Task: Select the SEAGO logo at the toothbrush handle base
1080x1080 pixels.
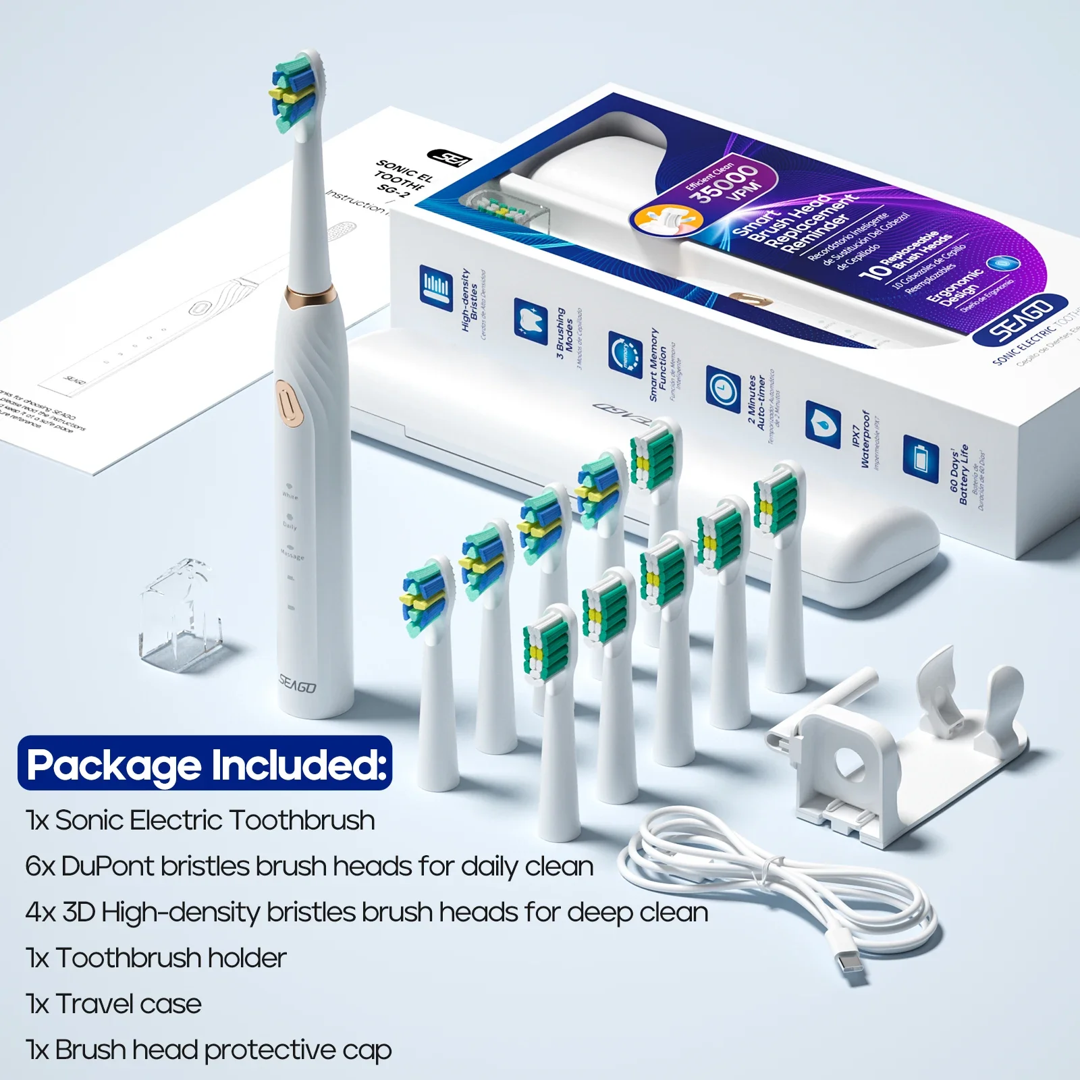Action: pyautogui.click(x=298, y=685)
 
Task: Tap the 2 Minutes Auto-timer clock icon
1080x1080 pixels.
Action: pyautogui.click(x=723, y=388)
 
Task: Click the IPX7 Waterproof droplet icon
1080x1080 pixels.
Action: pyautogui.click(x=822, y=423)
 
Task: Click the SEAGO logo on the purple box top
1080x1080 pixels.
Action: pyautogui.click(x=1021, y=317)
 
